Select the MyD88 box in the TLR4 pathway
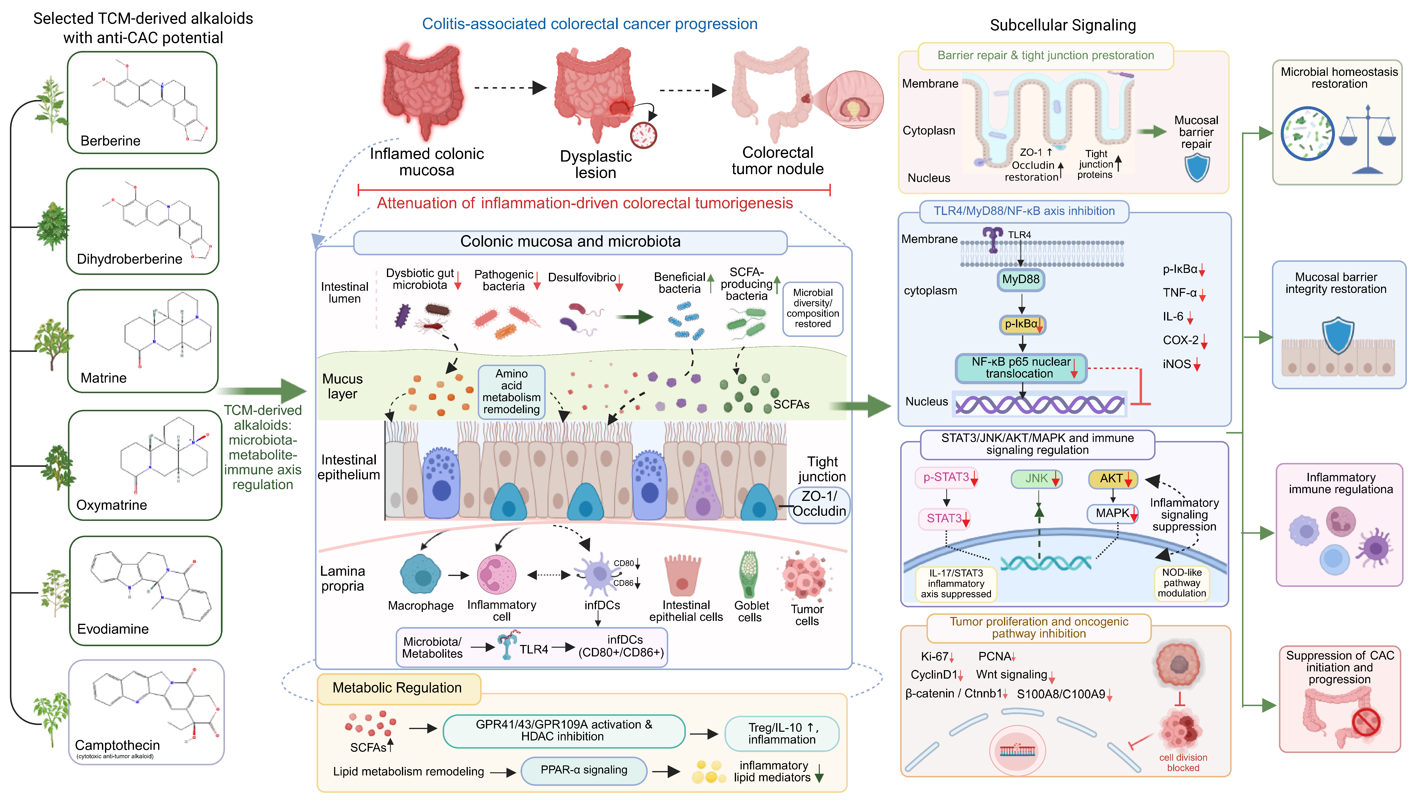coord(1021,279)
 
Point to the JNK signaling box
coord(1037,478)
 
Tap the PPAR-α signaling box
coord(583,770)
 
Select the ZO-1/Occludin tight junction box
coord(819,504)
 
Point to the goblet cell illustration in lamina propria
coord(749,575)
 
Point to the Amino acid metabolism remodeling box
coord(512,392)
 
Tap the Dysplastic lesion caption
coord(596,164)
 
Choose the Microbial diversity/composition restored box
coord(813,308)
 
